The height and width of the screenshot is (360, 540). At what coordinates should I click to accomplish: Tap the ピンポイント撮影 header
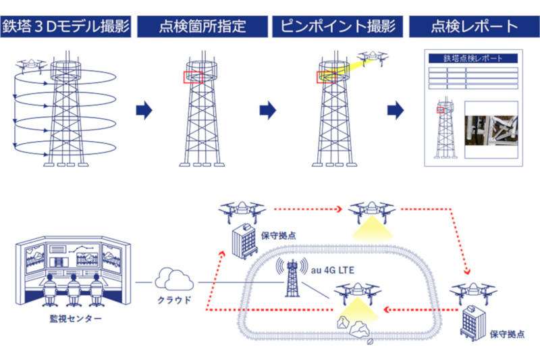337,27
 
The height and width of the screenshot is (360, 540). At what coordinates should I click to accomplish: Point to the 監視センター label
70,317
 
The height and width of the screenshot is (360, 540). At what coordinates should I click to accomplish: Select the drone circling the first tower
30,65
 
